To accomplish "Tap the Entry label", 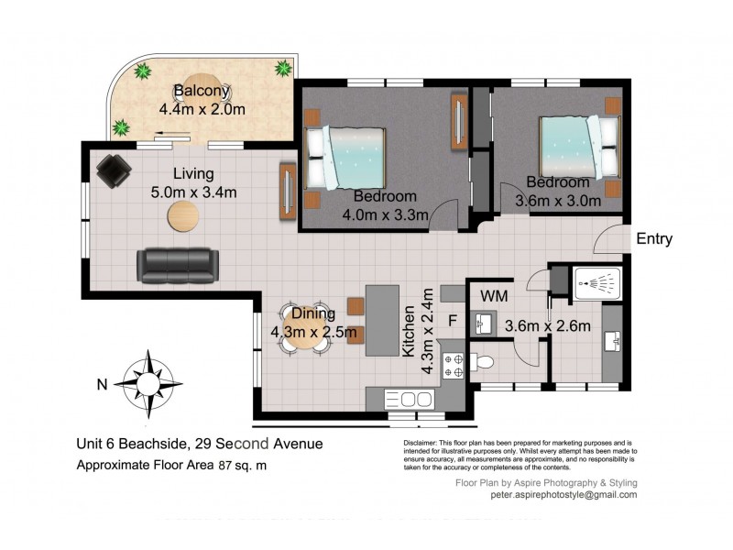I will [654, 239].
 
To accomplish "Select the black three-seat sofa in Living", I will [177, 265].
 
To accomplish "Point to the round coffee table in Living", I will [183, 216].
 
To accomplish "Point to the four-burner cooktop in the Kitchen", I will [453, 366].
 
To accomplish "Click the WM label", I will [495, 296].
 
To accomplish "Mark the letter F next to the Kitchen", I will [452, 322].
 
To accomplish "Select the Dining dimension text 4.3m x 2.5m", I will [312, 332].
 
